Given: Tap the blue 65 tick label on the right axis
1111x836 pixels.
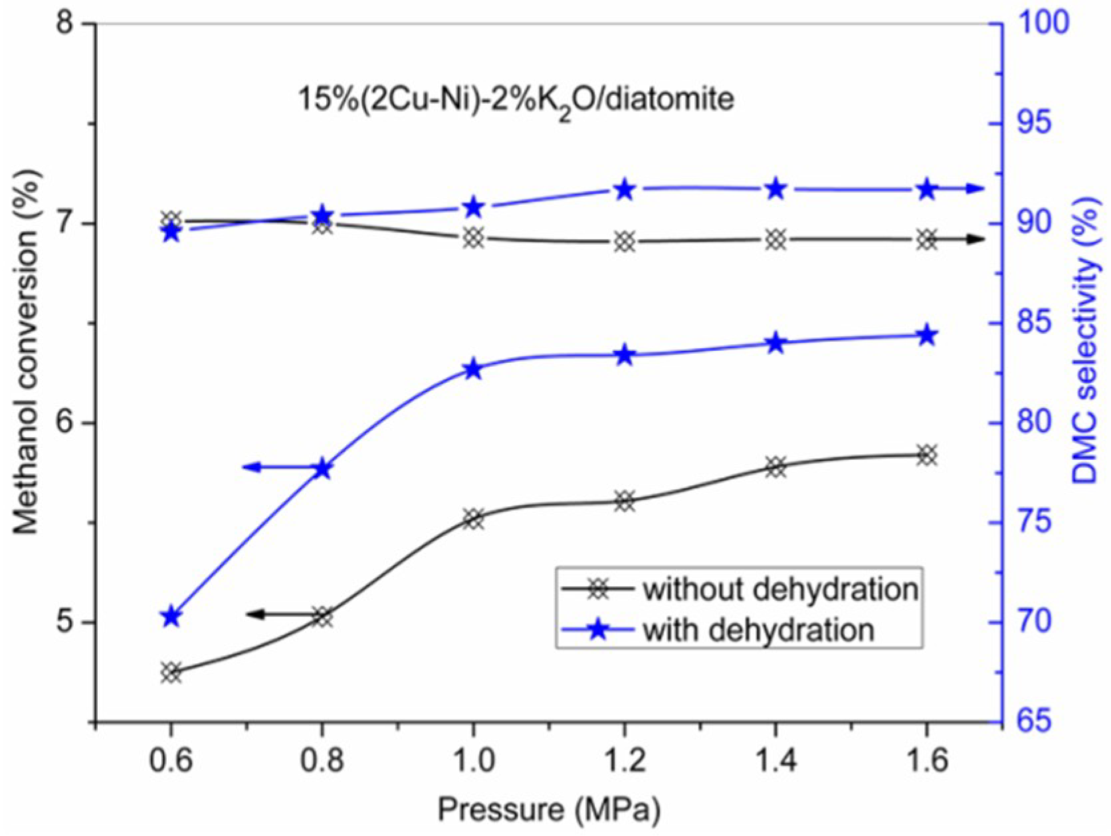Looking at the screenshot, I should (x=1030, y=722).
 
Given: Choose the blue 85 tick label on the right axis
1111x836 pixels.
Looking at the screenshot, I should (x=1030, y=323).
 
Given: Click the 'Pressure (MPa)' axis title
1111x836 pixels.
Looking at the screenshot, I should (x=549, y=810).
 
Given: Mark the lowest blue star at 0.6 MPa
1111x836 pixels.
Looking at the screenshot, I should (x=171, y=617).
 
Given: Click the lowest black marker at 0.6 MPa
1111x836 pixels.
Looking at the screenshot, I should (x=171, y=672).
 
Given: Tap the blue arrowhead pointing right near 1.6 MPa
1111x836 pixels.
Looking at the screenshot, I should (x=974, y=189).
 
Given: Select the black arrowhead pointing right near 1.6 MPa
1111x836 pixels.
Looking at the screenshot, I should (x=974, y=240).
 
